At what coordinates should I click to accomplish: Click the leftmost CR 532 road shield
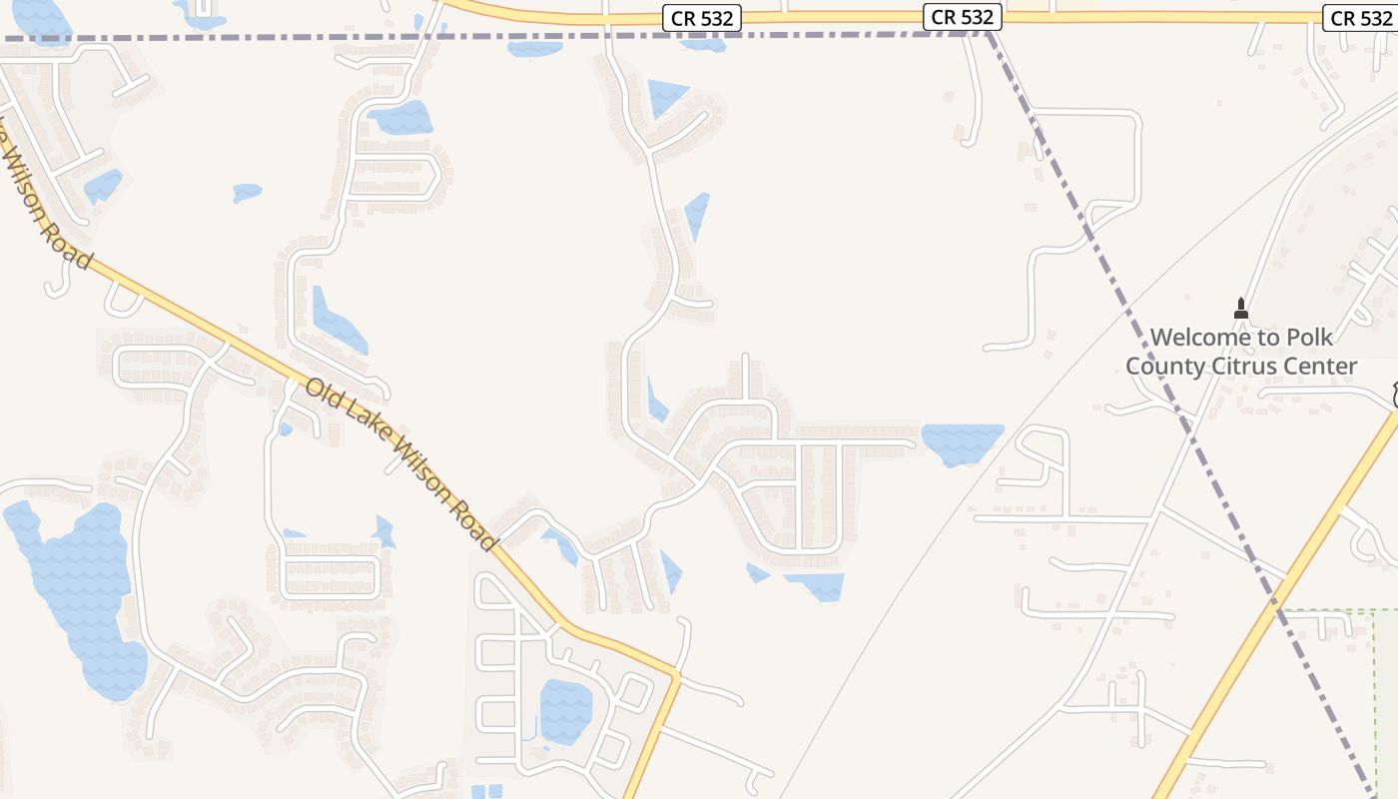699,18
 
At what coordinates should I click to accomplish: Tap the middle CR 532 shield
963,17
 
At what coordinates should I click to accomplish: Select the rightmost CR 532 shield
1360,18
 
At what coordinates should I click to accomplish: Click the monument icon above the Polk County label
1241,309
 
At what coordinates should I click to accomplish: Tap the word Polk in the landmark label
1310,338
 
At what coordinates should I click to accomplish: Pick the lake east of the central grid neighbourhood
962,442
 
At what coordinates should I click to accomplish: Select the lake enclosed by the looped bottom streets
565,709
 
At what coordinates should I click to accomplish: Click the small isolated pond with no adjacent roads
247,192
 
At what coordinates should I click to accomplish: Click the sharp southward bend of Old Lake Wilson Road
676,676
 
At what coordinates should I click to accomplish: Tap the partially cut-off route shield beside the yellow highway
1393,396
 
